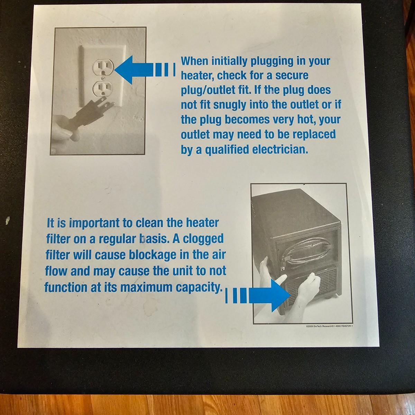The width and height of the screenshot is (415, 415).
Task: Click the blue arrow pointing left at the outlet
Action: pyautogui.click(x=145, y=70)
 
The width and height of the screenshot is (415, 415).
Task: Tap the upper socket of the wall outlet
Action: pyautogui.click(x=103, y=68)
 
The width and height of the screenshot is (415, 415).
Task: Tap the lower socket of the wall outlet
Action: pyautogui.click(x=103, y=89)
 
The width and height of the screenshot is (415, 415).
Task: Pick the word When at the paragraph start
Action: pyautogui.click(x=194, y=61)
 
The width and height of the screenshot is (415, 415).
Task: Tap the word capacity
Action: pyautogui.click(x=199, y=287)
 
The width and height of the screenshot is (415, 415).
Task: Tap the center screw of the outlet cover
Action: pyautogui.click(x=104, y=76)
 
